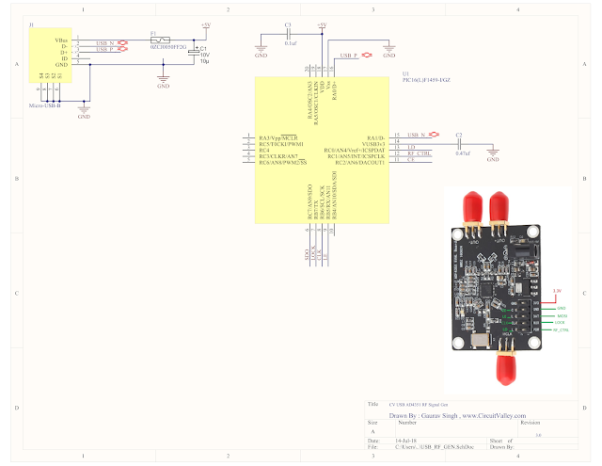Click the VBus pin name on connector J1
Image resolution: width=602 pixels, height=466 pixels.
[63, 38]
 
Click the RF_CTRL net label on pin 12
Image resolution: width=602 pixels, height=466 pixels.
[419, 153]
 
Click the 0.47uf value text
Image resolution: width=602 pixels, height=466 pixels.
[461, 153]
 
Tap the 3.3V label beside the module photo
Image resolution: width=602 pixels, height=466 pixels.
[557, 292]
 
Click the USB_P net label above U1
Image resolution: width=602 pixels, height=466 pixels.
[349, 56]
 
